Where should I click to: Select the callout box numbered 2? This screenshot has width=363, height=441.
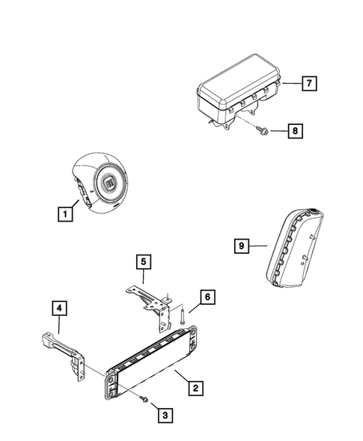pyautogui.click(x=195, y=389)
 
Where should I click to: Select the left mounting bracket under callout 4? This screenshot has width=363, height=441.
pyautogui.click(x=66, y=351)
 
